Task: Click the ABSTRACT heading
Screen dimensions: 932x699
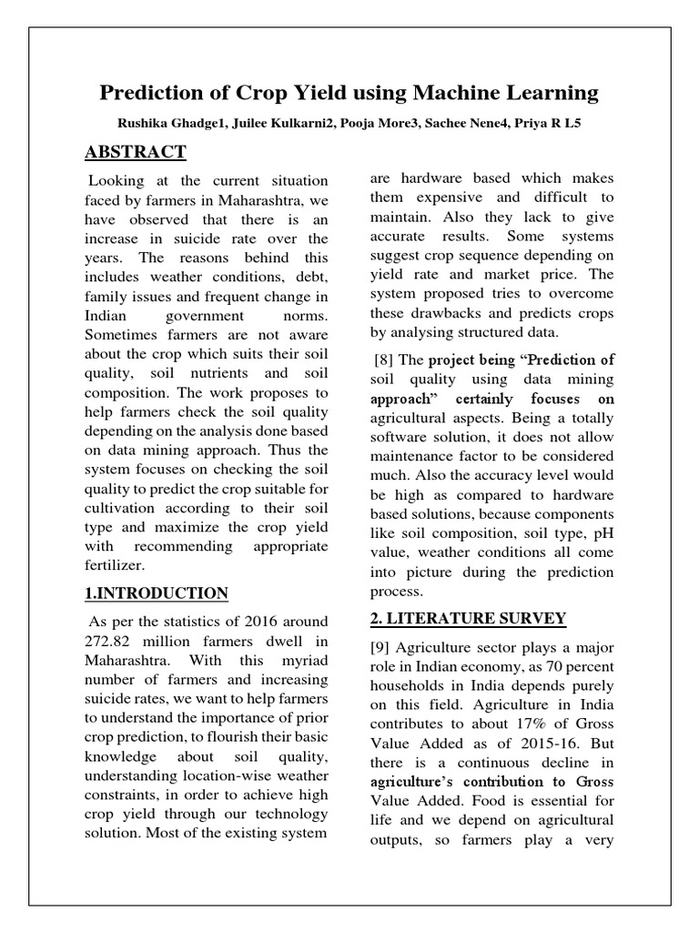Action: point(137,152)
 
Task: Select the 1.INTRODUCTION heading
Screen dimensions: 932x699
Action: point(156,593)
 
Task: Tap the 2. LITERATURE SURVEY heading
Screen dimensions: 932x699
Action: point(468,619)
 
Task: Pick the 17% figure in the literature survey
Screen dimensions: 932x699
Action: point(522,724)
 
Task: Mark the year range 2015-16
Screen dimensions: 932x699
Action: point(552,744)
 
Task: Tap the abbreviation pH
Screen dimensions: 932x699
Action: point(602,532)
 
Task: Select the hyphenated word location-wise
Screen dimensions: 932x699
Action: point(204,775)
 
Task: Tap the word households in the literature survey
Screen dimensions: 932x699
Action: point(410,685)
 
